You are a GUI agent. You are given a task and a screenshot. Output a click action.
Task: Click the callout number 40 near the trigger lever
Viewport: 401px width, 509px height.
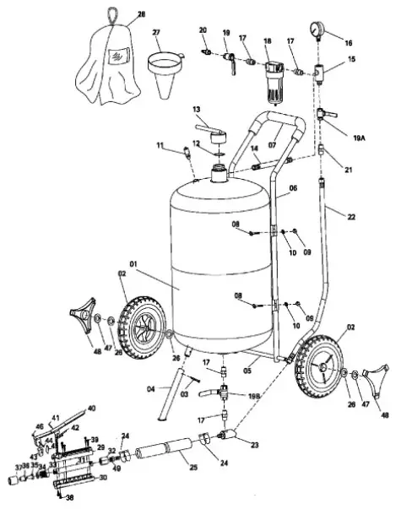(x=91, y=408)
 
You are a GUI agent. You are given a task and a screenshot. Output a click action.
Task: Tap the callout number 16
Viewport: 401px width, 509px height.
(x=349, y=41)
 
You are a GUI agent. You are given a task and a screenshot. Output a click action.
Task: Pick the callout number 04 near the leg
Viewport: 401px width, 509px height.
(x=151, y=388)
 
